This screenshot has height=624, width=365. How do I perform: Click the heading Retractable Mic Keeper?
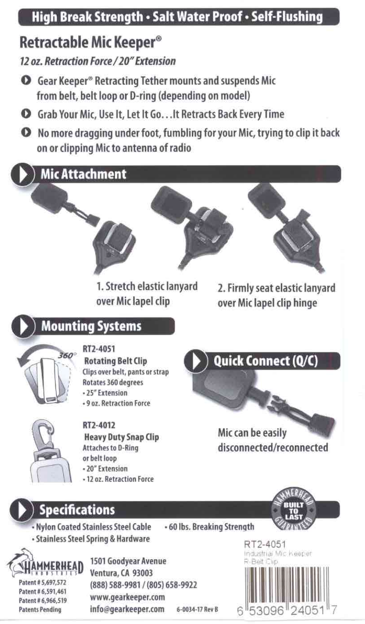pos(91,43)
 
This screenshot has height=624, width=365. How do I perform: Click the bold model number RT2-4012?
pos(99,425)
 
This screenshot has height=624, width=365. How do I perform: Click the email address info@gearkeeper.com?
pos(127,609)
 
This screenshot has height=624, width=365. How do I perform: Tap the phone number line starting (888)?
pos(143,585)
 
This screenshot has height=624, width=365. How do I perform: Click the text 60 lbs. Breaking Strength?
pos(210,527)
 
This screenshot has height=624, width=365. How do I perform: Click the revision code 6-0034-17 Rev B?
pos(197,610)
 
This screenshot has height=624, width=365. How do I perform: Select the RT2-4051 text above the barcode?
pos(264,544)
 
